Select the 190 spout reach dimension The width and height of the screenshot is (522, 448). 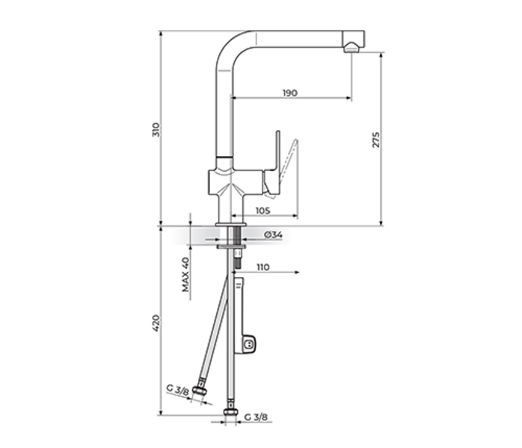click(290, 93)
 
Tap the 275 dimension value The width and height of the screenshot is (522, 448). click(376, 140)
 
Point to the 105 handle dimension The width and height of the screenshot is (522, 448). click(262, 211)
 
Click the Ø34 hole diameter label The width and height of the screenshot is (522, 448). click(273, 235)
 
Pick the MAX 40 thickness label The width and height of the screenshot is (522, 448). click(185, 274)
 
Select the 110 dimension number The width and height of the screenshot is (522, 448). click(262, 267)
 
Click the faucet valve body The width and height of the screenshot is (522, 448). click(233, 184)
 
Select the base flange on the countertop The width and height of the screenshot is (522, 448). click(230, 223)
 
